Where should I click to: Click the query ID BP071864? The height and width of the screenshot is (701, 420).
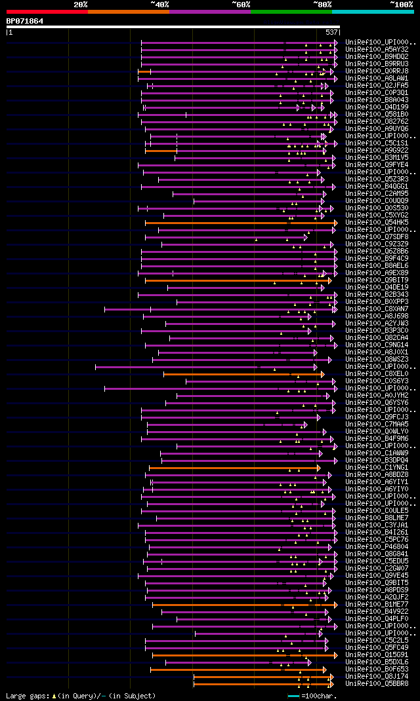[25, 21]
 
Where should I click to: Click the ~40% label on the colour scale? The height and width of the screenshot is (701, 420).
[159, 5]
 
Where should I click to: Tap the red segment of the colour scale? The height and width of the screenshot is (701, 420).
[47, 12]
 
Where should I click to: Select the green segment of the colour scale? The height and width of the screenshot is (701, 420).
[291, 12]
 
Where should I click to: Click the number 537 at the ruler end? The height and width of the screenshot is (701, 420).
[331, 31]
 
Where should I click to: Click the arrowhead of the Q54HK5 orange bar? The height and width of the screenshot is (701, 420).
[335, 223]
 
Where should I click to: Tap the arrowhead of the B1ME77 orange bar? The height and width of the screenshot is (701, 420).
[335, 605]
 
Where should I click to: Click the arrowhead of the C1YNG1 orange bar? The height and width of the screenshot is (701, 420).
[318, 468]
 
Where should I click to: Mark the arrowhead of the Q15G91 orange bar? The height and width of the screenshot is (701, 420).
[335, 655]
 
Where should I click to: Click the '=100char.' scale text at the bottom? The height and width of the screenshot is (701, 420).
[318, 695]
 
